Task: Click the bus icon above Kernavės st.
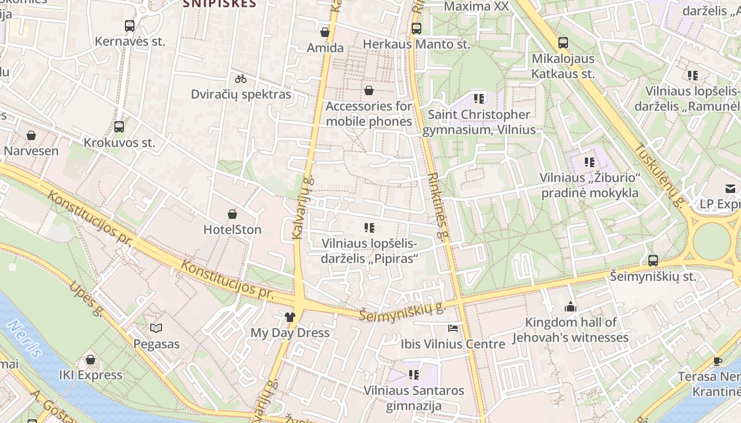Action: [x=130, y=25]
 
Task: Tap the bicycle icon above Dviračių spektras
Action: [x=241, y=79]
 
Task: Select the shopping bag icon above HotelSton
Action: [x=232, y=214]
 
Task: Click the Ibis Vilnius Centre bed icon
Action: [x=453, y=328]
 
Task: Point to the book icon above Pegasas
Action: [x=156, y=328]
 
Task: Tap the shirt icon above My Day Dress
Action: [x=290, y=317]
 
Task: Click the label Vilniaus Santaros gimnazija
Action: [x=413, y=398]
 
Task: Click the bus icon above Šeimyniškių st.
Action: [x=653, y=260]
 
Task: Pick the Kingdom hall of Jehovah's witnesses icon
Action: [x=570, y=307]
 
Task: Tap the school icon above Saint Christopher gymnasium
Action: [x=479, y=98]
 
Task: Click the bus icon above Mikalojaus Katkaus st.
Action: [x=563, y=43]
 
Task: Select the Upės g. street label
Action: [x=85, y=299]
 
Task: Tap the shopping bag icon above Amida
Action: [x=325, y=32]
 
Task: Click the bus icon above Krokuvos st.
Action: [x=119, y=127]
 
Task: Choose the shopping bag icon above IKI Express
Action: [x=91, y=360]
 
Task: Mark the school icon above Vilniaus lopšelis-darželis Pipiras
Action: [x=369, y=228]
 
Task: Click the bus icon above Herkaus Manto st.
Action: [x=417, y=29]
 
